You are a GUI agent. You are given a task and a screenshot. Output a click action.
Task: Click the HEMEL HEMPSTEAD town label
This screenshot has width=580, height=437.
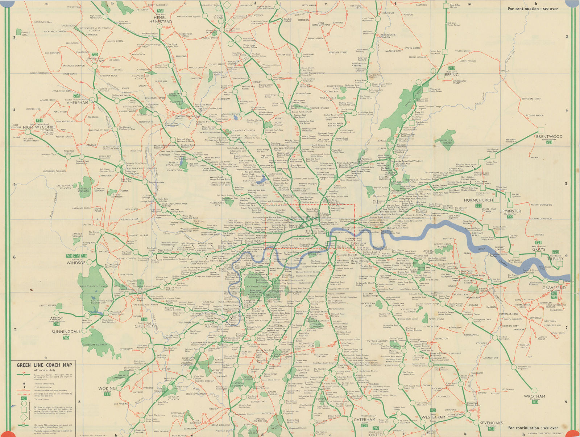tap(160, 20)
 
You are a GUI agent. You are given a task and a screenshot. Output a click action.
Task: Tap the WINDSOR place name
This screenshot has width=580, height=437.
tap(76, 263)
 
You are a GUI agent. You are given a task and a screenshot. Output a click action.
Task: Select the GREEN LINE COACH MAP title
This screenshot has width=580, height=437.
tap(44, 365)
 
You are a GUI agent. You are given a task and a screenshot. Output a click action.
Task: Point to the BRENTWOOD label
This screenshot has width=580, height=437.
tap(549, 137)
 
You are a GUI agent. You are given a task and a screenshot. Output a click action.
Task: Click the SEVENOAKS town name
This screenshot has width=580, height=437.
tap(491, 423)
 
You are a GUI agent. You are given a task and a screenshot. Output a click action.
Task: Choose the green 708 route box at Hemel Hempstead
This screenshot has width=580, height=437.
tap(160, 11)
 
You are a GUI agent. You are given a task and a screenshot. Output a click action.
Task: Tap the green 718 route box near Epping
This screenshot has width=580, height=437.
tap(451, 68)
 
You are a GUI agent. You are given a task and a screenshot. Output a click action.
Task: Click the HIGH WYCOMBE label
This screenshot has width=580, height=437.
tap(39, 127)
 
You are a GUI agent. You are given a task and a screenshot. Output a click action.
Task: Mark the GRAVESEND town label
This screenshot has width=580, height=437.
tap(554, 288)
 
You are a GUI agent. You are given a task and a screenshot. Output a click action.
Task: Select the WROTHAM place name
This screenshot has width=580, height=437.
tap(534, 396)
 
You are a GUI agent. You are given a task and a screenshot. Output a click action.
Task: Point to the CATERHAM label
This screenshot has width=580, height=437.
tap(364, 420)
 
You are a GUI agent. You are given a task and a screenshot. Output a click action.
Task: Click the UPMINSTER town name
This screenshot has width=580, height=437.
tap(510, 211)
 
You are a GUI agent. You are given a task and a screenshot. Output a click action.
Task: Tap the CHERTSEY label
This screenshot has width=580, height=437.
tap(144, 326)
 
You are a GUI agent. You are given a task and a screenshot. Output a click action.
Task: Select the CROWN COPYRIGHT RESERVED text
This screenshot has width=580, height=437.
tap(546, 433)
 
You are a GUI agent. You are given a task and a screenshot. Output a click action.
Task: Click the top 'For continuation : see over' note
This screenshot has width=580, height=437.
tap(533, 9)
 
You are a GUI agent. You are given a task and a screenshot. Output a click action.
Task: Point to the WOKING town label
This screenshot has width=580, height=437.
tap(107, 388)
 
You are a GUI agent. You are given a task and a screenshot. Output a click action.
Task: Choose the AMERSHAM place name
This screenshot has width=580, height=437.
tap(77, 103)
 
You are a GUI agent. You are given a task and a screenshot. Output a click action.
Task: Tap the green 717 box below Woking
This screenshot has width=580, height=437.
tap(107, 394)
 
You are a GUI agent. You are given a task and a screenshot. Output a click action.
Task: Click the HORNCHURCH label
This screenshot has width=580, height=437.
tap(478, 200)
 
